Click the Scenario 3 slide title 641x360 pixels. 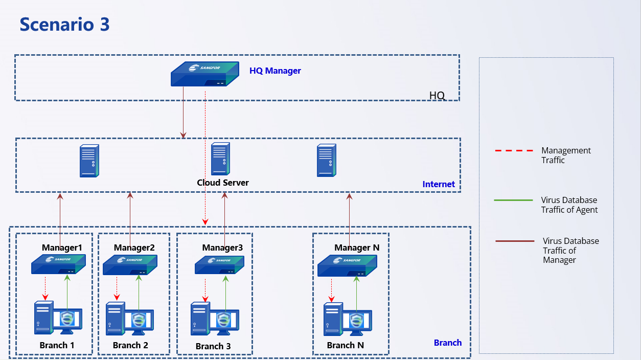(x=64, y=25)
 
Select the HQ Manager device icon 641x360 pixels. (x=204, y=74)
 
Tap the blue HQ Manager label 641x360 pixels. (x=275, y=71)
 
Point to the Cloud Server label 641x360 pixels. (x=223, y=183)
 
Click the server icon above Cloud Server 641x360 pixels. (x=220, y=160)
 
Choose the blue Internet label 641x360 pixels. (x=439, y=184)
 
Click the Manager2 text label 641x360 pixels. (x=134, y=247)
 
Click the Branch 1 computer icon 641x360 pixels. (x=57, y=318)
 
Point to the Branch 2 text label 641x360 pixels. (x=130, y=345)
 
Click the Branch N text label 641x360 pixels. (x=346, y=345)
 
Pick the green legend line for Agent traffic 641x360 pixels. (x=513, y=200)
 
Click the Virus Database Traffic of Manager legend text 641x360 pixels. (x=570, y=250)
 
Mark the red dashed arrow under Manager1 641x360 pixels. (x=45, y=288)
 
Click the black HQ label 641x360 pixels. (x=437, y=96)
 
